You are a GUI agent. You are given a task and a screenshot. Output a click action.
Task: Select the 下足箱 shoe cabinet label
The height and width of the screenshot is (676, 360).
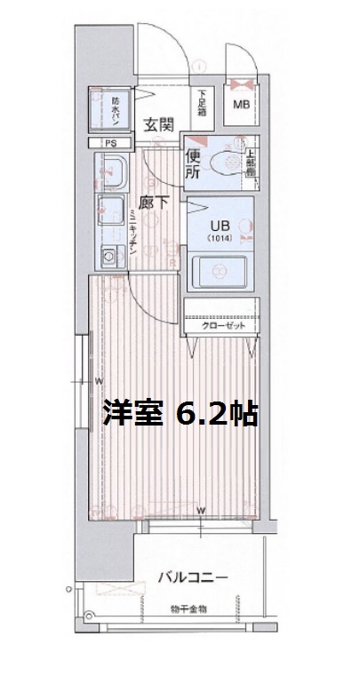click(202, 105)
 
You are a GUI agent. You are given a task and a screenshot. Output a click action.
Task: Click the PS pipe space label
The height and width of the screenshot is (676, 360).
click(110, 143)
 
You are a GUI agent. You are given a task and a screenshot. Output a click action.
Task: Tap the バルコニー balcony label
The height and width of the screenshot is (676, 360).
click(193, 577)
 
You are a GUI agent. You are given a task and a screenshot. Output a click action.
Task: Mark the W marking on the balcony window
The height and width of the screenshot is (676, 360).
click(202, 510)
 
